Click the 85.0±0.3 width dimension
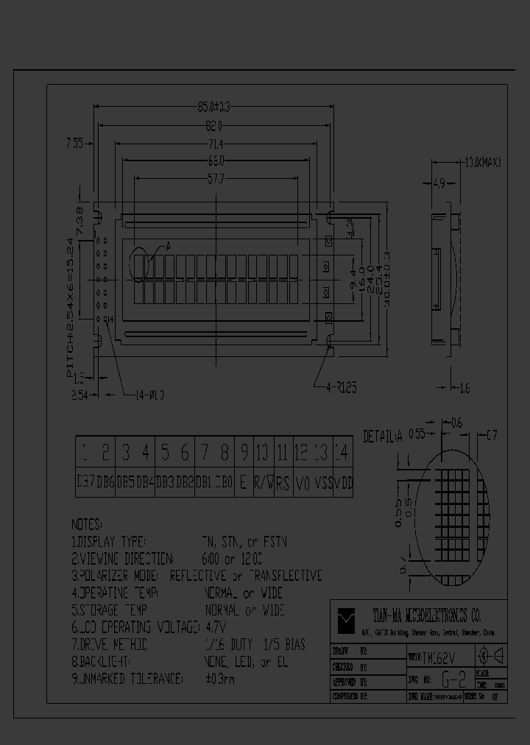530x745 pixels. (x=214, y=107)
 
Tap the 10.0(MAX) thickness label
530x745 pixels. (x=482, y=163)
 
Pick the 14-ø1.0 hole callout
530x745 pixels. (x=149, y=395)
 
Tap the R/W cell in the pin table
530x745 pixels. (x=263, y=484)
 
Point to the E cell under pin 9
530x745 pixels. (x=243, y=484)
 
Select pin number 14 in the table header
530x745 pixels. (x=342, y=452)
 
